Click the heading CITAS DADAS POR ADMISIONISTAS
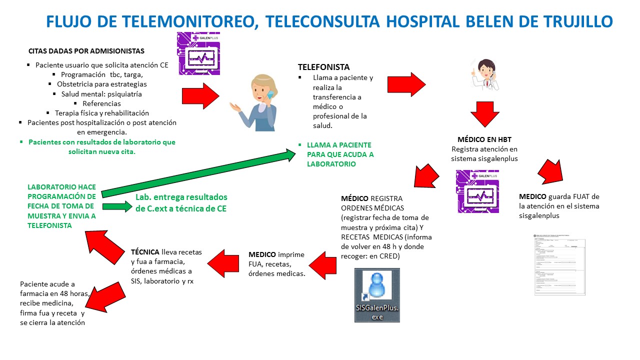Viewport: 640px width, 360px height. [x=86, y=51]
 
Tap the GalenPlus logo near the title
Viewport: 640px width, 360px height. [x=198, y=53]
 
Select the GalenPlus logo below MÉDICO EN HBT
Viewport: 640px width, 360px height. [x=478, y=191]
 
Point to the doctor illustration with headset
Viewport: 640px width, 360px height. [x=484, y=74]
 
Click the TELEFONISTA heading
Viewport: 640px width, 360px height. [x=323, y=67]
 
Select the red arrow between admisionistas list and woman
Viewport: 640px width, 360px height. [x=200, y=95]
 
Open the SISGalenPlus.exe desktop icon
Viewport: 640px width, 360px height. [x=376, y=295]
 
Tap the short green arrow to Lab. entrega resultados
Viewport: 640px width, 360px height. [x=116, y=206]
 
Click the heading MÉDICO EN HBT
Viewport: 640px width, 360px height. [x=484, y=139]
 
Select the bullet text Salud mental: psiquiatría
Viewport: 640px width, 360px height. [x=101, y=93]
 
